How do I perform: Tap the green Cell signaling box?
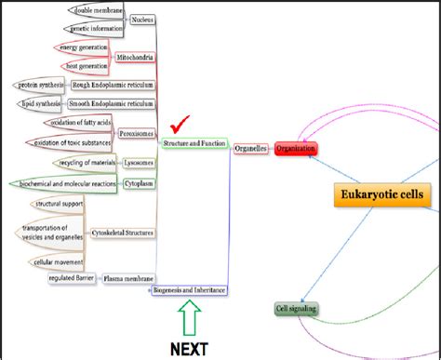click(x=295, y=309)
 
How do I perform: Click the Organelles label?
click(x=251, y=148)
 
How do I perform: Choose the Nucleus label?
click(x=142, y=19)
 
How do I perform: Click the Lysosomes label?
click(x=139, y=163)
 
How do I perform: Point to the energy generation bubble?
click(x=82, y=47)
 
